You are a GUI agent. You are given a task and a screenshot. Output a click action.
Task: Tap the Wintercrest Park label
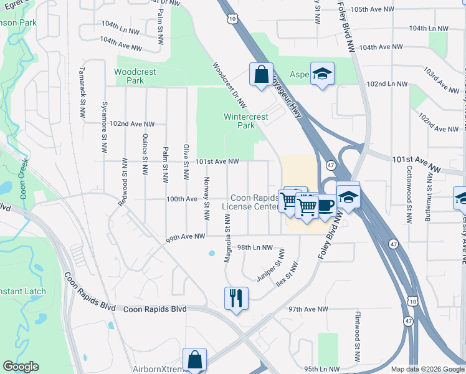(x=246, y=121)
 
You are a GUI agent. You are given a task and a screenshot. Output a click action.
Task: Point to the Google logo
(x=21, y=367)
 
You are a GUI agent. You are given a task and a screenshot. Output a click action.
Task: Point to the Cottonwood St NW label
(x=409, y=194)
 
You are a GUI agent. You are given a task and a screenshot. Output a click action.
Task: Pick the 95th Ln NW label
(x=321, y=368)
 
